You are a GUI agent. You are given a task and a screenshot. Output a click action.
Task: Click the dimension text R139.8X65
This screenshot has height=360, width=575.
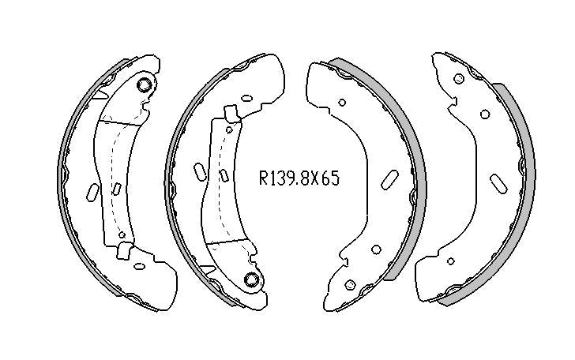click(299, 178)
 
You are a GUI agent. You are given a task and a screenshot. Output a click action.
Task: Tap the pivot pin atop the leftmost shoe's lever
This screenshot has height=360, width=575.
click(145, 84)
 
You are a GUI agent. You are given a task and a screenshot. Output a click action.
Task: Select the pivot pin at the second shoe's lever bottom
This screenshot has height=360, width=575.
click(251, 279)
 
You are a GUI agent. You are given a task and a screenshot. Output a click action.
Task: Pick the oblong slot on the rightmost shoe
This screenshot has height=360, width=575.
click(498, 183)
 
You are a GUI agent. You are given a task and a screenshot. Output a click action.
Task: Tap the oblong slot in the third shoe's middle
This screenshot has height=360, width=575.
click(389, 179)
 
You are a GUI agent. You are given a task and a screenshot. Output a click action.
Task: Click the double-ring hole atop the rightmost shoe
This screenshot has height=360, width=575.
click(457, 79)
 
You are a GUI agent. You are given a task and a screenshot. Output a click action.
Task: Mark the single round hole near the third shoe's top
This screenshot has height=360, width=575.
click(341, 102)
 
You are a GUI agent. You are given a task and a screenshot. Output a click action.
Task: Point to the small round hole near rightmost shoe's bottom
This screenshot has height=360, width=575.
click(449, 260)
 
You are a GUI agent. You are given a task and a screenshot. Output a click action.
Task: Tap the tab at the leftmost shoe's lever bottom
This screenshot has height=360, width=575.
click(123, 251)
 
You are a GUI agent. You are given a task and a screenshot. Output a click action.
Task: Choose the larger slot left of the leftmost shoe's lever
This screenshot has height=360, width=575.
click(92, 193)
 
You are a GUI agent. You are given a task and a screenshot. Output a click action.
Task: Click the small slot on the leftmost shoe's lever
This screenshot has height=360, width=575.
click(116, 188)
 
